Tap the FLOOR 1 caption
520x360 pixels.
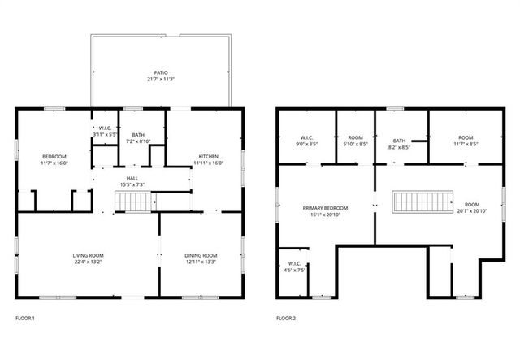(x=25, y=318)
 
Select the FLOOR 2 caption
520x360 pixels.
(x=286, y=318)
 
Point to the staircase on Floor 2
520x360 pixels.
(x=422, y=202)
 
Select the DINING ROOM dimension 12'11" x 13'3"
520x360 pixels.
(x=201, y=262)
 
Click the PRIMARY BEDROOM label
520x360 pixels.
(x=325, y=209)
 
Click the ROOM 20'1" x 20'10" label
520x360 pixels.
(x=471, y=208)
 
